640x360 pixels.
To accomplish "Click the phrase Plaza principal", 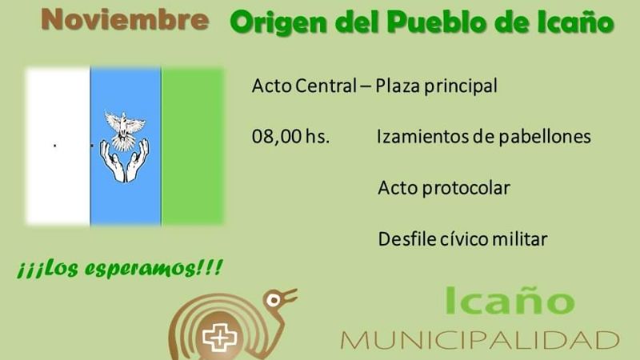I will point(443,86).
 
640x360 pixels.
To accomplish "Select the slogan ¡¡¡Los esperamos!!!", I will point(119,268).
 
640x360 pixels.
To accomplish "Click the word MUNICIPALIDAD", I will point(479,339).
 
